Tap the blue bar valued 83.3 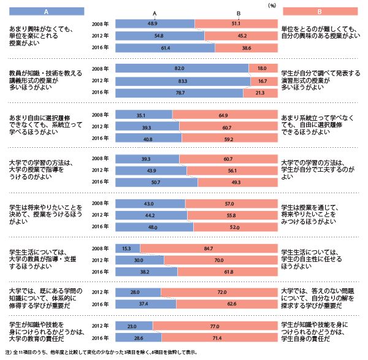[182, 81]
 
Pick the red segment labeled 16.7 [263, 81]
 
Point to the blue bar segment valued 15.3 [128, 248]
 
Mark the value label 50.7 [155, 182]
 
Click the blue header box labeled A [47, 12]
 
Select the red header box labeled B [320, 12]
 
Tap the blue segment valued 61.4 [164, 48]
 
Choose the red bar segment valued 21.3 [259, 93]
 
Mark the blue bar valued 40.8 [148, 138]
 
